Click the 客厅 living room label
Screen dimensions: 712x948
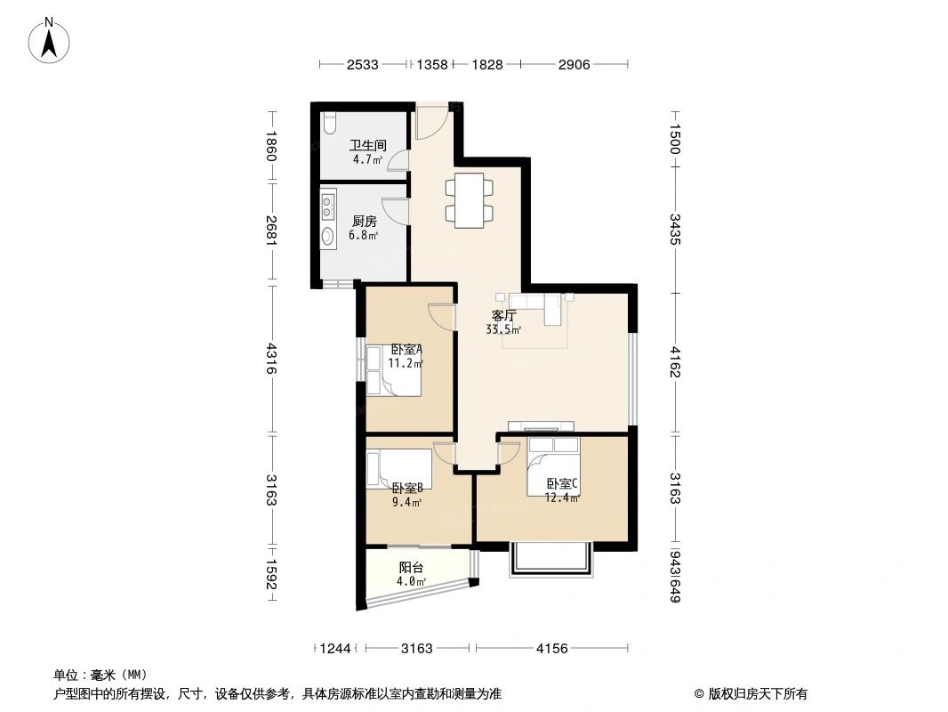tap(503, 315)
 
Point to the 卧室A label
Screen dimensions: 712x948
tap(406, 350)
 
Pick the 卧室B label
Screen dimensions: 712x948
tap(406, 488)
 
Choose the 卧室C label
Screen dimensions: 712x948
tap(562, 484)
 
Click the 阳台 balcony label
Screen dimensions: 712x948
tap(410, 567)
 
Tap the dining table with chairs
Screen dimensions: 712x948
tap(469, 200)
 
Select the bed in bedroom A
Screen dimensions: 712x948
tap(391, 369)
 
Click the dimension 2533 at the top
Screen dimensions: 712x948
tap(363, 65)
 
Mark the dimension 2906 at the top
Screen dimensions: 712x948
tap(574, 65)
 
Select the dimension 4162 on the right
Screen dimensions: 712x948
tap(675, 362)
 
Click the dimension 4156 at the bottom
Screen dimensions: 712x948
tap(552, 649)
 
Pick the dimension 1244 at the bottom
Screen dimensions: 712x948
tap(336, 649)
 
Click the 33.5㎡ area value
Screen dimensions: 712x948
tap(502, 329)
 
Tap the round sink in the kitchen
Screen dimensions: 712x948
tap(328, 236)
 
